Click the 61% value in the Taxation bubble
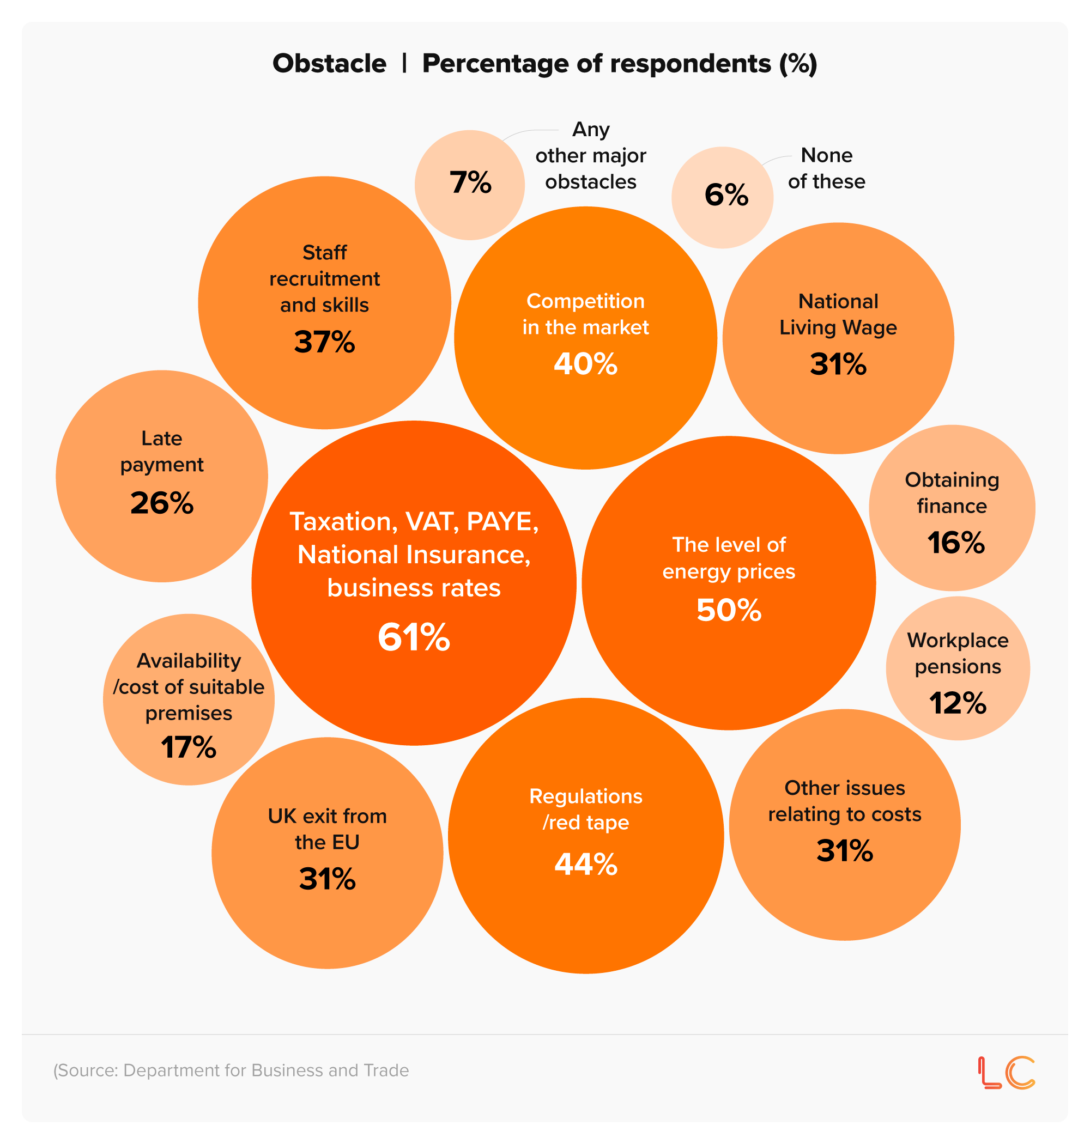click(414, 637)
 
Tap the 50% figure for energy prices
click(729, 610)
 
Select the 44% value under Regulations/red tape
click(586, 864)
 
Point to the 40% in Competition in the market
click(585, 364)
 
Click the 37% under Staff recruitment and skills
click(324, 342)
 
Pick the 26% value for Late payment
click(161, 503)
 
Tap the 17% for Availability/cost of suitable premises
click(188, 747)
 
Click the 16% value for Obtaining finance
click(956, 543)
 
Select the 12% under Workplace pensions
click(958, 703)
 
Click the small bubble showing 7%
click(470, 184)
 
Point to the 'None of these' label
click(826, 168)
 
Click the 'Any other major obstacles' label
click(590, 156)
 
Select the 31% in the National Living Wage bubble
click(838, 364)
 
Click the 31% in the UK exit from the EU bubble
click(327, 879)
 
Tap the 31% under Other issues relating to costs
click(844, 851)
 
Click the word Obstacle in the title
click(329, 63)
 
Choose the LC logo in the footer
click(1006, 1073)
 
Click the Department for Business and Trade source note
click(231, 1070)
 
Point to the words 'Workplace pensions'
click(958, 653)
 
